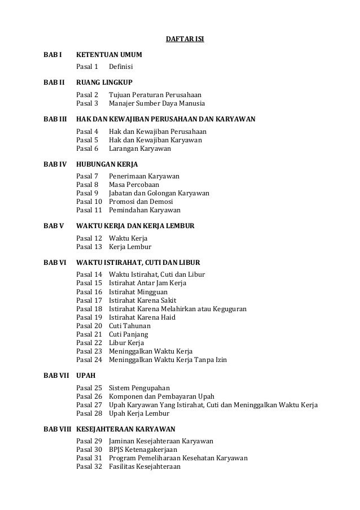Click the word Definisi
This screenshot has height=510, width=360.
point(122,68)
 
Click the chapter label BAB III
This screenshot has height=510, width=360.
point(55,120)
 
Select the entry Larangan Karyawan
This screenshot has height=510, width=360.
point(139,149)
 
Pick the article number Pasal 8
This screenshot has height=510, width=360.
point(87,185)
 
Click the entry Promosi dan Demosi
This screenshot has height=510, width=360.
point(141,202)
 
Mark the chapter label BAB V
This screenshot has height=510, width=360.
point(53,226)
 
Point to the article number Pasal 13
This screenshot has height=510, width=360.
point(89,247)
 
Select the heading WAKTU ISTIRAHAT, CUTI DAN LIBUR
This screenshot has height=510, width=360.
point(138,263)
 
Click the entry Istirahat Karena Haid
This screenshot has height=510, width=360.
point(142,317)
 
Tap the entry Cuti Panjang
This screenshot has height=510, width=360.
point(127,334)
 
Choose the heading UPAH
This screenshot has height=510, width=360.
point(86,374)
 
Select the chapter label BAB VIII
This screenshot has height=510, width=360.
point(56,429)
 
